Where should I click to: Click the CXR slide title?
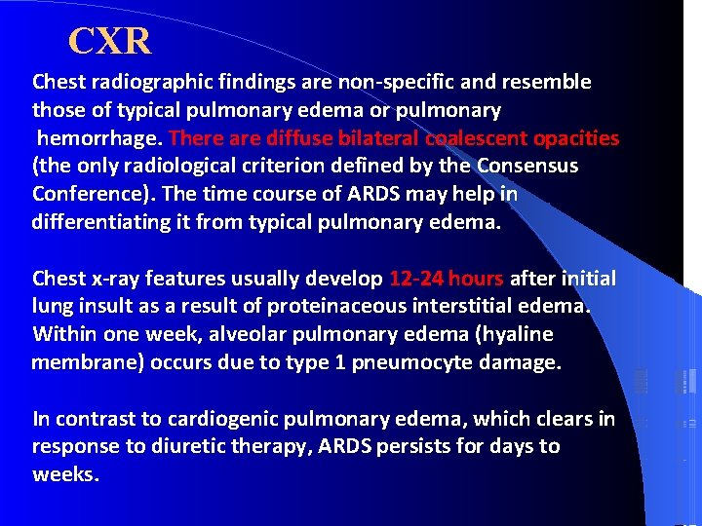110,41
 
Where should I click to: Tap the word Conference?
85,195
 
